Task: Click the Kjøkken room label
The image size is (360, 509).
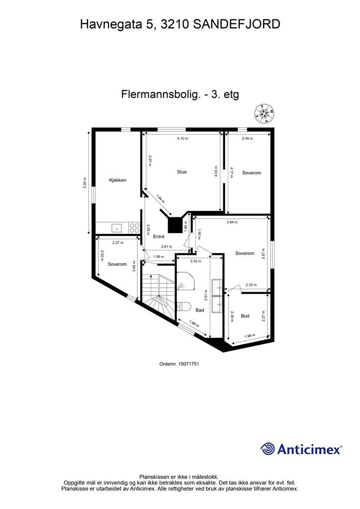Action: pos(118,180)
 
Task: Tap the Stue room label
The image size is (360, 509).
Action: pos(181,172)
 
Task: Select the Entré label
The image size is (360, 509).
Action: pos(159,237)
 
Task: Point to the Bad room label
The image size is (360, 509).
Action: pos(199,310)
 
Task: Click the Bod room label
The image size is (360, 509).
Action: pos(245,316)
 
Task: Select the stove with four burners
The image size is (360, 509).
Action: pos(134,228)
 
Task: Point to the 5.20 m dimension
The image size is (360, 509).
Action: pos(85,182)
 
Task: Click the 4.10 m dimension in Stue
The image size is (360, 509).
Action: pos(182,139)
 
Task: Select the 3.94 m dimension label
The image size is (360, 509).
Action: pos(232,222)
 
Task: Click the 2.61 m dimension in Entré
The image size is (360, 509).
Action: pos(166,247)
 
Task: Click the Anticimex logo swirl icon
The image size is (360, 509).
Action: pos(268,449)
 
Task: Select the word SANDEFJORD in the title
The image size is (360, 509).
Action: pos(237,24)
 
